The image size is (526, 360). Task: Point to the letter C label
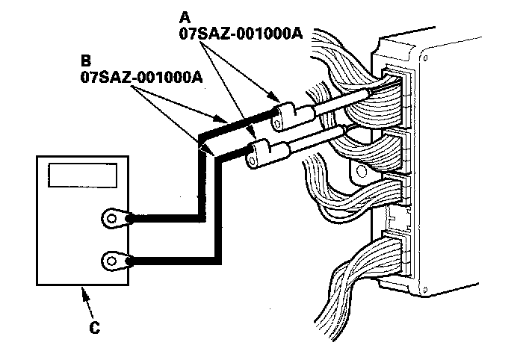93,326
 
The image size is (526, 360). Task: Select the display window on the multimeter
83,176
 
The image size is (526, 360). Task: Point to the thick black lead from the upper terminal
200,179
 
